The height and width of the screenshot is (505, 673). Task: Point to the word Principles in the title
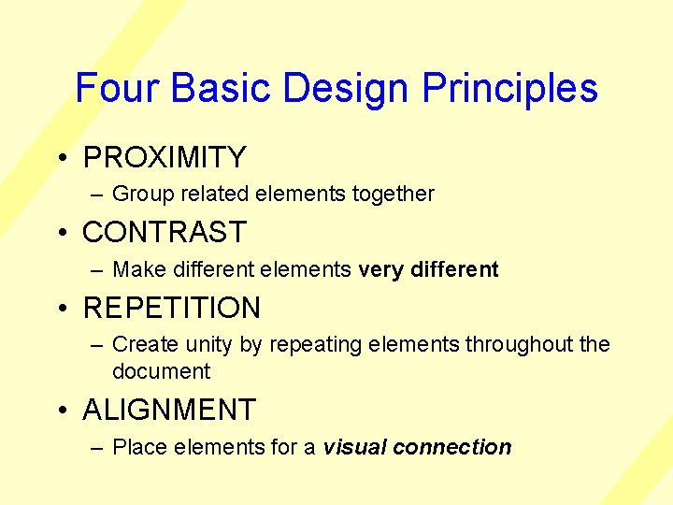point(509,88)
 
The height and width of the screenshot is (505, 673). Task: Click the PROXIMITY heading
point(165,157)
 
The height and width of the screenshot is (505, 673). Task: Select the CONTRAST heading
point(165,232)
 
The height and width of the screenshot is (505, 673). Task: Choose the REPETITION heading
point(172,308)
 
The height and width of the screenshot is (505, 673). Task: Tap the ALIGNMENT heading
point(169,410)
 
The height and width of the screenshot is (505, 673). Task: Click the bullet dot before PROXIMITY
point(60,157)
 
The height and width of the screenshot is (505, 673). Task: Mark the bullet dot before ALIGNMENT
point(60,410)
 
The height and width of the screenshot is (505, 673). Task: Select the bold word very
point(380,270)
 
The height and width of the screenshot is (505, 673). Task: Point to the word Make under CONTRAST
point(136,270)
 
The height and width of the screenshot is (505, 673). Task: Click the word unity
point(210,345)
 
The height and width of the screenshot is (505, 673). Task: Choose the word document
point(161,371)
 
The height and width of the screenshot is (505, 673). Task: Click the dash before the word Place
point(97,448)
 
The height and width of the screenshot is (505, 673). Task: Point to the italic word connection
point(452,447)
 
